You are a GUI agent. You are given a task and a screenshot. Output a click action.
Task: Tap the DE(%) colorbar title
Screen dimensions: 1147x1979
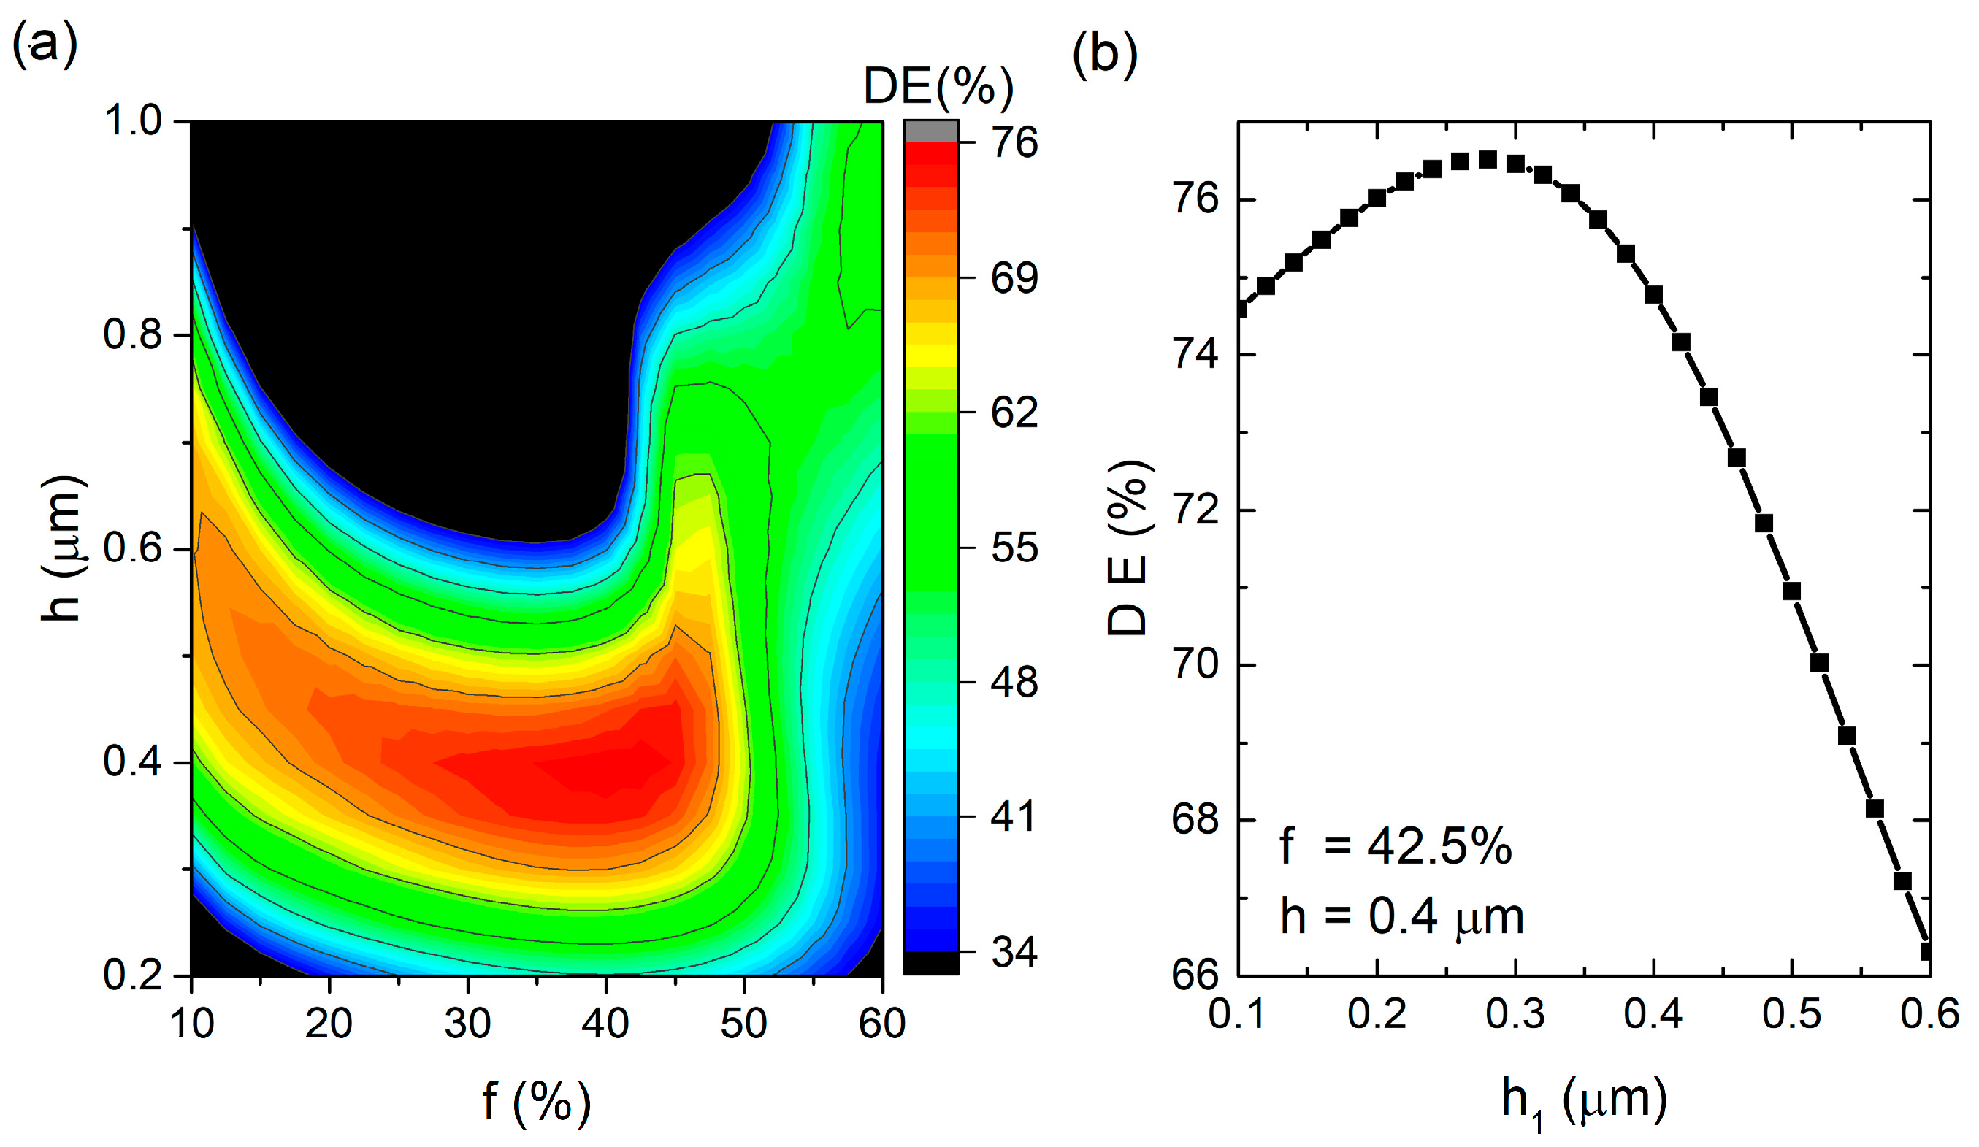[938, 86]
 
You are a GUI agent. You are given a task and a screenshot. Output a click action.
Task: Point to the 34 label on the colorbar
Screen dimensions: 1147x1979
[1014, 952]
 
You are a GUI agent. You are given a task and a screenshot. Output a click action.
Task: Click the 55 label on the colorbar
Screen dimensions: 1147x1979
[1014, 547]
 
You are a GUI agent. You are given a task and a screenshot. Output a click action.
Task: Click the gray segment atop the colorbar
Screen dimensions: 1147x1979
[931, 132]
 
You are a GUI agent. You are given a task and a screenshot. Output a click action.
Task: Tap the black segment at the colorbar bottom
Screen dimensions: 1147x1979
[931, 962]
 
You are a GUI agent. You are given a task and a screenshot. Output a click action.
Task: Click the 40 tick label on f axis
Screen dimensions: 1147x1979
[605, 1024]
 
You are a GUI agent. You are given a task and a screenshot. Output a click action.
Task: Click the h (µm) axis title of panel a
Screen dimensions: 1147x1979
[63, 548]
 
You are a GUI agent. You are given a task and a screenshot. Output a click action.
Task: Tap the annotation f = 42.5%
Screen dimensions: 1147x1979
[1395, 847]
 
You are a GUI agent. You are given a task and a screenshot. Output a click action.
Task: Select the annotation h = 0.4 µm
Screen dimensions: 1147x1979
[1402, 916]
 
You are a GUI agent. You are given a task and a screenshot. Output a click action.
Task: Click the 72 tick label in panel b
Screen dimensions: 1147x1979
[1195, 510]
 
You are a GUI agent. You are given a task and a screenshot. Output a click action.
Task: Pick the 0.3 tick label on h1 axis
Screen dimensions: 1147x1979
[1515, 1014]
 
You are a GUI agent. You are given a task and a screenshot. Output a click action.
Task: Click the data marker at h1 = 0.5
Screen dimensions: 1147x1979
[1791, 591]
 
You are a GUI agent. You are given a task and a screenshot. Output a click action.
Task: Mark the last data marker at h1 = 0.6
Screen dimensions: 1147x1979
[1926, 951]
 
